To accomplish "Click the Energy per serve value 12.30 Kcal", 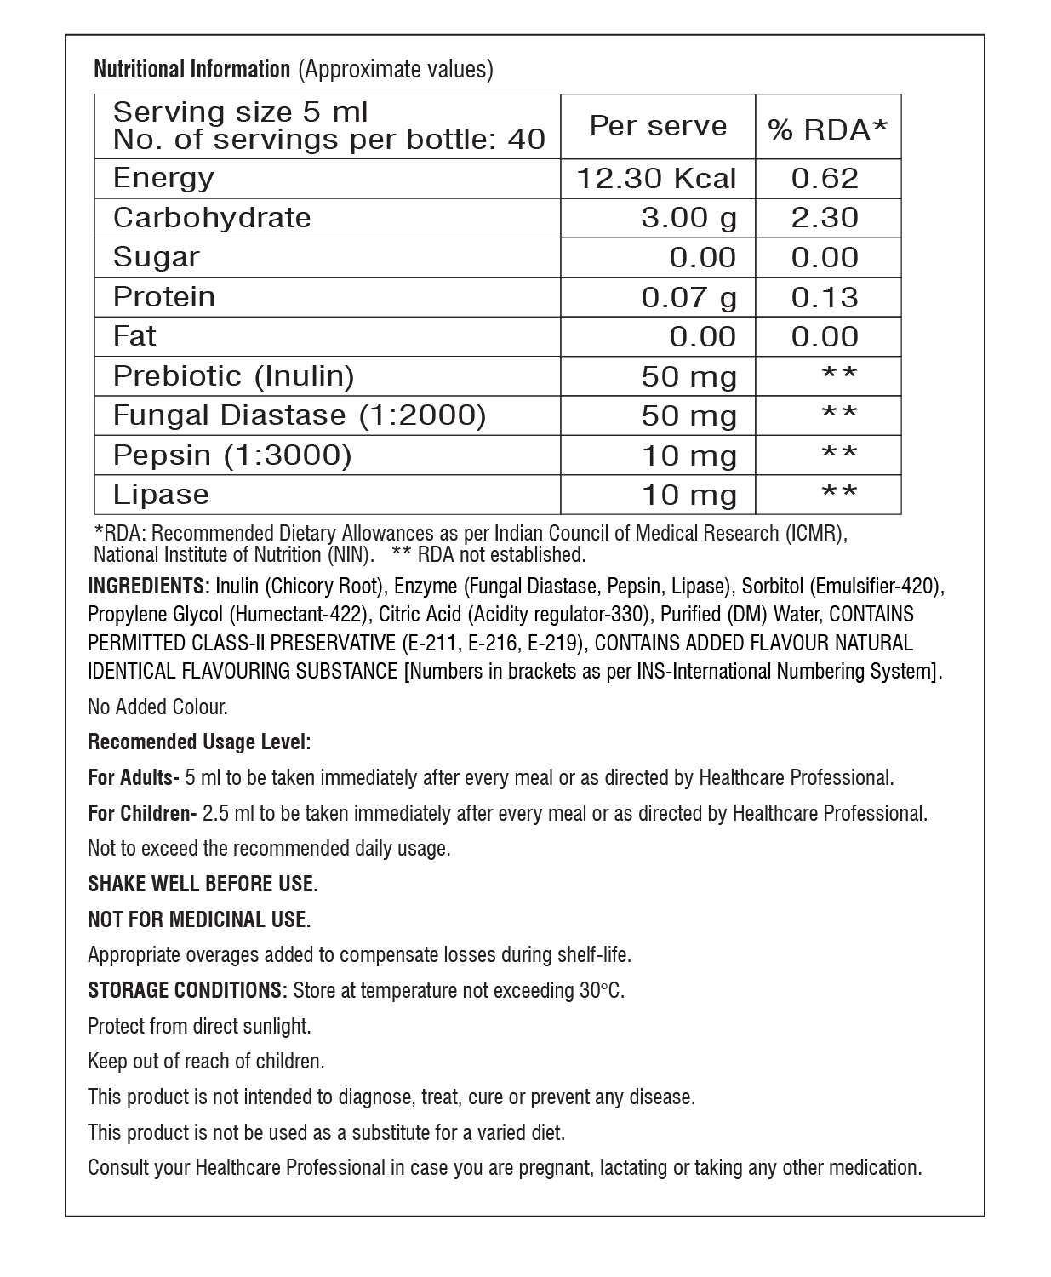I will click(656, 178).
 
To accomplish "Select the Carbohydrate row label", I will click(212, 218).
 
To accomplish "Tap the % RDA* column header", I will click(827, 129).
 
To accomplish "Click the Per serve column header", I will click(658, 126).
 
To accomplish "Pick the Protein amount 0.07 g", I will click(688, 297).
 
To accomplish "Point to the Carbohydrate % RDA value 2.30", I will click(825, 218).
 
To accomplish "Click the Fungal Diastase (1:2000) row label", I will click(299, 415).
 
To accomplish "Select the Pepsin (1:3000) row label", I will click(231, 455).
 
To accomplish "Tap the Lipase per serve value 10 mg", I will click(688, 495).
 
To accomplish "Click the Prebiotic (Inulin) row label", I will click(233, 375).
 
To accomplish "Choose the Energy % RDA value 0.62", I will click(825, 178).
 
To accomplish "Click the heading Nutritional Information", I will click(191, 69).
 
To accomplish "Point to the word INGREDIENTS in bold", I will click(146, 586).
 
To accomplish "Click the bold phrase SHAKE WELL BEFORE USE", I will click(203, 884).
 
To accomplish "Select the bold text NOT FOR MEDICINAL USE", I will click(199, 919).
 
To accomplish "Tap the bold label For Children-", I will click(142, 813).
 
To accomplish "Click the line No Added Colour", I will click(157, 707).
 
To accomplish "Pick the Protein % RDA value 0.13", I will click(825, 297).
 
